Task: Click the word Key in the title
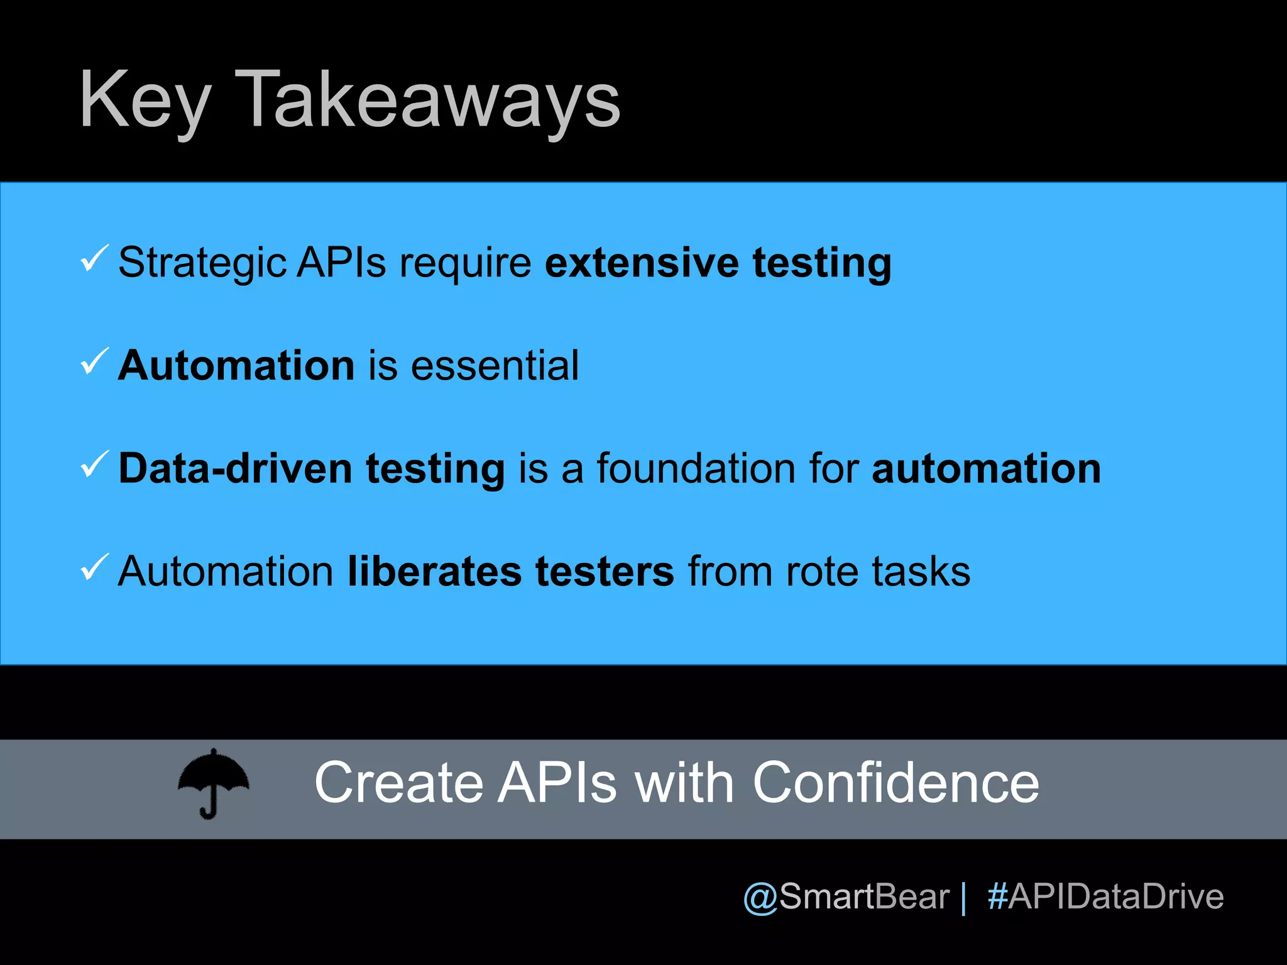click(145, 101)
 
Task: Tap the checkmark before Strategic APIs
click(94, 259)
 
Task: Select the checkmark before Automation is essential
click(94, 362)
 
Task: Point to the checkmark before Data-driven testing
click(94, 465)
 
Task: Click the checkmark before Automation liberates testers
click(94, 568)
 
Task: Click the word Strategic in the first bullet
click(202, 263)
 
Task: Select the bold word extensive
click(642, 263)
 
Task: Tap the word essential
click(495, 366)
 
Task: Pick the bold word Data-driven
click(235, 469)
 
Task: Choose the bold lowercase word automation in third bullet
click(986, 469)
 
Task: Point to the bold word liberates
click(434, 572)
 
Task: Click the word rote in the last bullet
click(821, 572)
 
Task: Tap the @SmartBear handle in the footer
click(846, 897)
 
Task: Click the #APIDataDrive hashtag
click(1105, 897)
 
